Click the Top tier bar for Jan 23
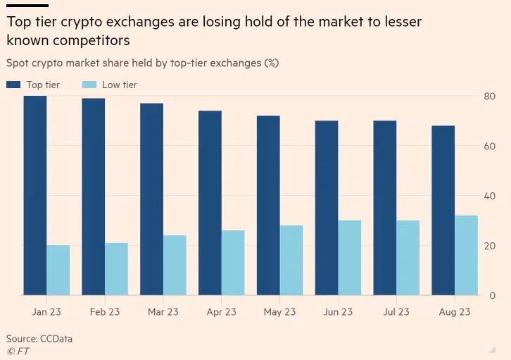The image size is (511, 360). click(x=35, y=195)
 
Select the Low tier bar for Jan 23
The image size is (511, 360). click(x=58, y=270)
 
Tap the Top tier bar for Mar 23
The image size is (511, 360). click(x=151, y=199)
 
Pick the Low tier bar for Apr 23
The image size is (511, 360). click(x=233, y=262)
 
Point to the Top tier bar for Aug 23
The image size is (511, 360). click(x=443, y=210)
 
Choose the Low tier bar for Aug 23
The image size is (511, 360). click(x=466, y=255)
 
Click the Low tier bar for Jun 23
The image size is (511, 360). click(x=350, y=258)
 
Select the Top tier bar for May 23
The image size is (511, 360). click(x=268, y=205)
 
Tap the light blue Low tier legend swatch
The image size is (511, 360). click(x=89, y=85)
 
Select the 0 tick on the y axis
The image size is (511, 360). click(x=491, y=295)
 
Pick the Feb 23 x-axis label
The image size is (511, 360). click(x=105, y=312)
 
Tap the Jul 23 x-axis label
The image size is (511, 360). click(x=396, y=312)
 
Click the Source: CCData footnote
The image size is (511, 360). click(x=39, y=339)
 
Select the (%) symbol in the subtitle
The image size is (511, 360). click(x=271, y=63)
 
